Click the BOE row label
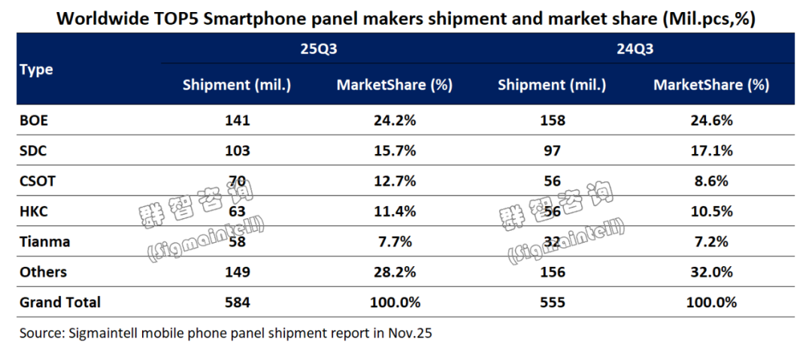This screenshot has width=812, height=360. click(34, 120)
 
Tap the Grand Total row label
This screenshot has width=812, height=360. click(60, 302)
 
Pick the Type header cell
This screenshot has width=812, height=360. click(37, 69)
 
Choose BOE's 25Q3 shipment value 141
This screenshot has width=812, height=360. click(237, 120)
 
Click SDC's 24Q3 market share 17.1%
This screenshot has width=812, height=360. click(711, 150)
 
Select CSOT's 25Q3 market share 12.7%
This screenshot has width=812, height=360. click(395, 181)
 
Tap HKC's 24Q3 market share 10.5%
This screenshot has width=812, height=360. click(711, 211)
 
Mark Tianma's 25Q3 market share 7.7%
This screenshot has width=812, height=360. click(395, 242)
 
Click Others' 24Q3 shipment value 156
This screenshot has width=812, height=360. click(553, 272)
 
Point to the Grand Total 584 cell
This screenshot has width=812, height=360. click(237, 302)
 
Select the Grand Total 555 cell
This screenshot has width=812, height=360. click(553, 302)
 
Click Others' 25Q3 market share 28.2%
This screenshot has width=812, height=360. click(395, 272)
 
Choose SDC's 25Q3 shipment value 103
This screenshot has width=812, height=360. click(237, 150)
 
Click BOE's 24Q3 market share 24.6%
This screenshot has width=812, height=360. click(711, 120)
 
